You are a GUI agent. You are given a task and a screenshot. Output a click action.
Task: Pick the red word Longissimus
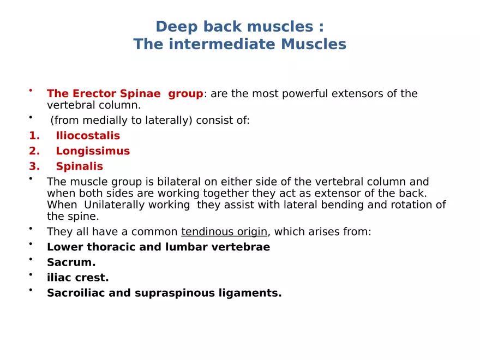coord(93,151)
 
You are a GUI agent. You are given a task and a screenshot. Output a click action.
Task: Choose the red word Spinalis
coord(79,166)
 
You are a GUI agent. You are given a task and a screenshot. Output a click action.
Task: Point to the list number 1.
coord(33,136)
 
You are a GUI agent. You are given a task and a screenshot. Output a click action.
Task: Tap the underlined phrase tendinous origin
coord(224,232)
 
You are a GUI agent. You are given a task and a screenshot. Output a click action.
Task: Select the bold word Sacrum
coord(71,262)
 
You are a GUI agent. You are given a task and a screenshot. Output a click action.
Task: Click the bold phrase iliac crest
coord(77,278)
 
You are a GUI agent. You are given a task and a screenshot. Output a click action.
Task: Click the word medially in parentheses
coord(99,121)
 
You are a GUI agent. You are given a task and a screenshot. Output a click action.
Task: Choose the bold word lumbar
coord(185,247)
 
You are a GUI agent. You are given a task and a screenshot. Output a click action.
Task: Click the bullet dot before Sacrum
coord(32,260)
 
